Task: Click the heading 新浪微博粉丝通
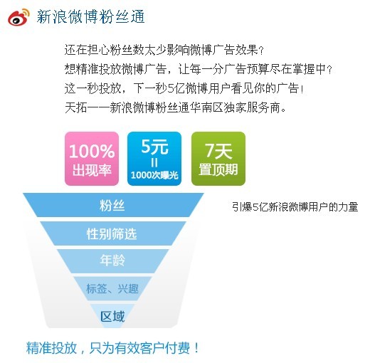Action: point(90,17)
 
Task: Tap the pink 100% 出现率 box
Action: point(92,159)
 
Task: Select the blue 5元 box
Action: point(154,159)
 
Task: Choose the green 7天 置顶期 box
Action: point(218,159)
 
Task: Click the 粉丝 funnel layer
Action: point(113,205)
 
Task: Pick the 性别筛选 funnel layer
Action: point(112,233)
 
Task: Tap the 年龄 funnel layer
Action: point(112,261)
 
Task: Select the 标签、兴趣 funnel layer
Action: point(112,288)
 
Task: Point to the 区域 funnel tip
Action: point(112,316)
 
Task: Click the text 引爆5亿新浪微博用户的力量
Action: point(295,207)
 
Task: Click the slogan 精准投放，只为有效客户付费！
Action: point(112,348)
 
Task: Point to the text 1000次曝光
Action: point(154,175)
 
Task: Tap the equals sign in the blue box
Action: point(154,163)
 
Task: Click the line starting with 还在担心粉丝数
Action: point(164,50)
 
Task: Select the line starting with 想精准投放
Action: point(199,69)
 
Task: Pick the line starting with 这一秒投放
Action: point(184,88)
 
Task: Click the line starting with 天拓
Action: point(175,108)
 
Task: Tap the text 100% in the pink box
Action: point(92,152)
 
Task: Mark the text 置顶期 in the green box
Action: point(218,169)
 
